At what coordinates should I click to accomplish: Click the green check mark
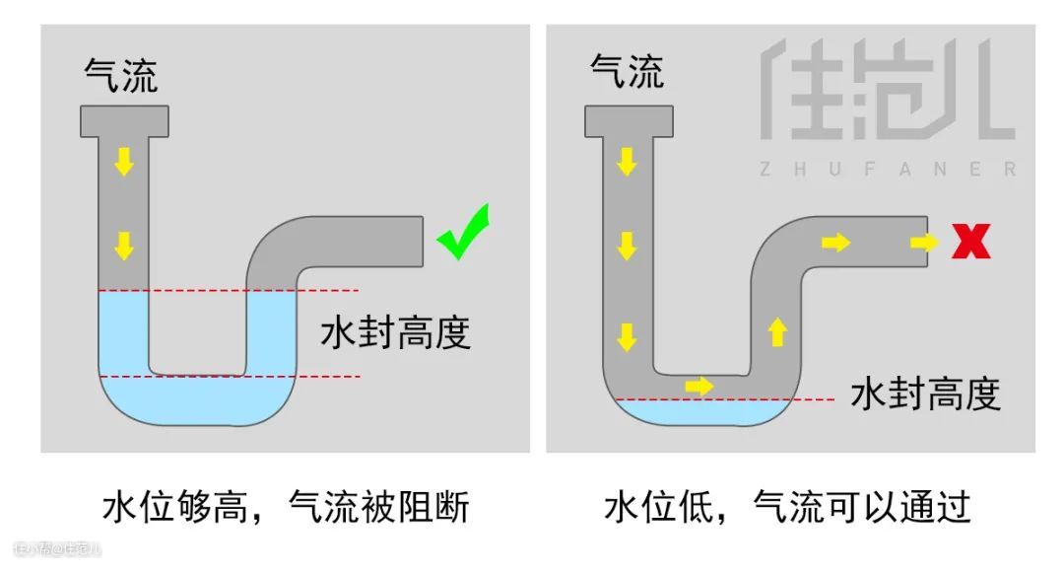[463, 233]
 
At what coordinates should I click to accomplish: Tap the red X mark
[970, 241]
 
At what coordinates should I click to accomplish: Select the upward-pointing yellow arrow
[777, 331]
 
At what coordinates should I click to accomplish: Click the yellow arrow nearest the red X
[924, 242]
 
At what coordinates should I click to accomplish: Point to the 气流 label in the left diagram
[121, 75]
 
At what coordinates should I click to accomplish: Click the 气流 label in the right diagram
[627, 71]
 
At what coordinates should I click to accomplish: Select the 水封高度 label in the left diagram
[395, 333]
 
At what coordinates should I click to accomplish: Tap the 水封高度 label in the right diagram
[925, 393]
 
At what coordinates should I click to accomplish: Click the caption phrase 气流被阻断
[378, 508]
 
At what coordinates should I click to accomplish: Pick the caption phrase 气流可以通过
[862, 508]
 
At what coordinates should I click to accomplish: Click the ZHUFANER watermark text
[886, 170]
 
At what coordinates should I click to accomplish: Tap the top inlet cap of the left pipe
[123, 120]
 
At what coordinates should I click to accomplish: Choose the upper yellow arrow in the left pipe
[123, 161]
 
